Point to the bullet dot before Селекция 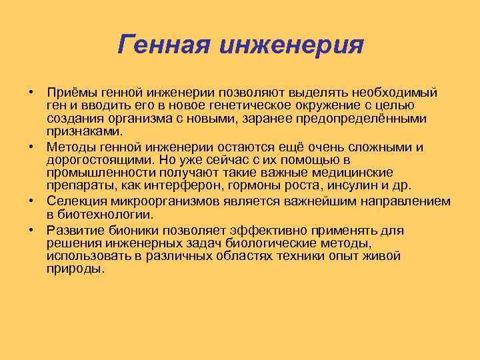coord(31,201)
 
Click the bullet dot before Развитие coord(31,229)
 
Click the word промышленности coord(95,173)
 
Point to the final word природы coord(75,269)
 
